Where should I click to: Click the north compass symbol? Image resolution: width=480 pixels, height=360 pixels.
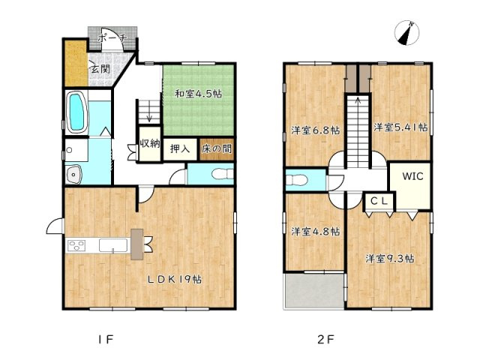pyautogui.click(x=406, y=33)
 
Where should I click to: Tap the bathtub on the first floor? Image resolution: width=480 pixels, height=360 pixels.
pyautogui.click(x=76, y=112)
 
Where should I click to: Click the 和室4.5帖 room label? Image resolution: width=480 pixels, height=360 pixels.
pyautogui.click(x=198, y=93)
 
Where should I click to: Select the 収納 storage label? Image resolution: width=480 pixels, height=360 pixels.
pyautogui.click(x=150, y=143)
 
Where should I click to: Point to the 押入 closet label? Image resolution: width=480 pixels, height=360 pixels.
pyautogui.click(x=180, y=149)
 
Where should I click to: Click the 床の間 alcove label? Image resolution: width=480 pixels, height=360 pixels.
pyautogui.click(x=217, y=149)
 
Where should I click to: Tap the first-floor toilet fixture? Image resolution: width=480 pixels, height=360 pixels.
pyautogui.click(x=223, y=174)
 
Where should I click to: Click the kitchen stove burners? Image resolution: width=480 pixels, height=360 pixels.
pyautogui.click(x=76, y=246)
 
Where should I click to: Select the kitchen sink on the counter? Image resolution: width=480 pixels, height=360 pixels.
pyautogui.click(x=113, y=245)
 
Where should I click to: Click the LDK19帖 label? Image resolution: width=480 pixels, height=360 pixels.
pyautogui.click(x=175, y=279)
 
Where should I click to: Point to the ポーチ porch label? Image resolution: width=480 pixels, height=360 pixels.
pyautogui.click(x=112, y=38)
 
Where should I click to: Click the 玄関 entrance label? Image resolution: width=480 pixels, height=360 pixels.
pyautogui.click(x=100, y=69)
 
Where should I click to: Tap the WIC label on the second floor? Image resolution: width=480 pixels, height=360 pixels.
pyautogui.click(x=412, y=176)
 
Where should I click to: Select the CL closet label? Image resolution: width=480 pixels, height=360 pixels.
pyautogui.click(x=379, y=201)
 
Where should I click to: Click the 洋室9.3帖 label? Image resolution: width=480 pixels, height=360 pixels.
pyautogui.click(x=390, y=259)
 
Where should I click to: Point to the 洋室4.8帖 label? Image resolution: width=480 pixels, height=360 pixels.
pyautogui.click(x=315, y=232)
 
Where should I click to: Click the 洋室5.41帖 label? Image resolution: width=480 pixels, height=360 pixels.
pyautogui.click(x=400, y=127)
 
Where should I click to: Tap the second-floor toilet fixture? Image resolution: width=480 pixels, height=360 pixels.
pyautogui.click(x=297, y=180)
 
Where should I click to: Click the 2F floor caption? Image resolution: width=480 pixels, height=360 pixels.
pyautogui.click(x=325, y=339)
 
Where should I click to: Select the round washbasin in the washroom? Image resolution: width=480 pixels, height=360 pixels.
pyautogui.click(x=73, y=175)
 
